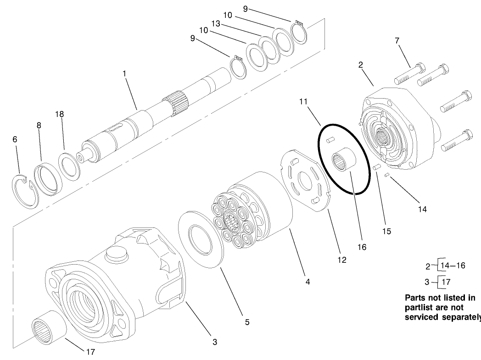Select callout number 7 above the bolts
click(397, 41)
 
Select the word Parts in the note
click(415, 297)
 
